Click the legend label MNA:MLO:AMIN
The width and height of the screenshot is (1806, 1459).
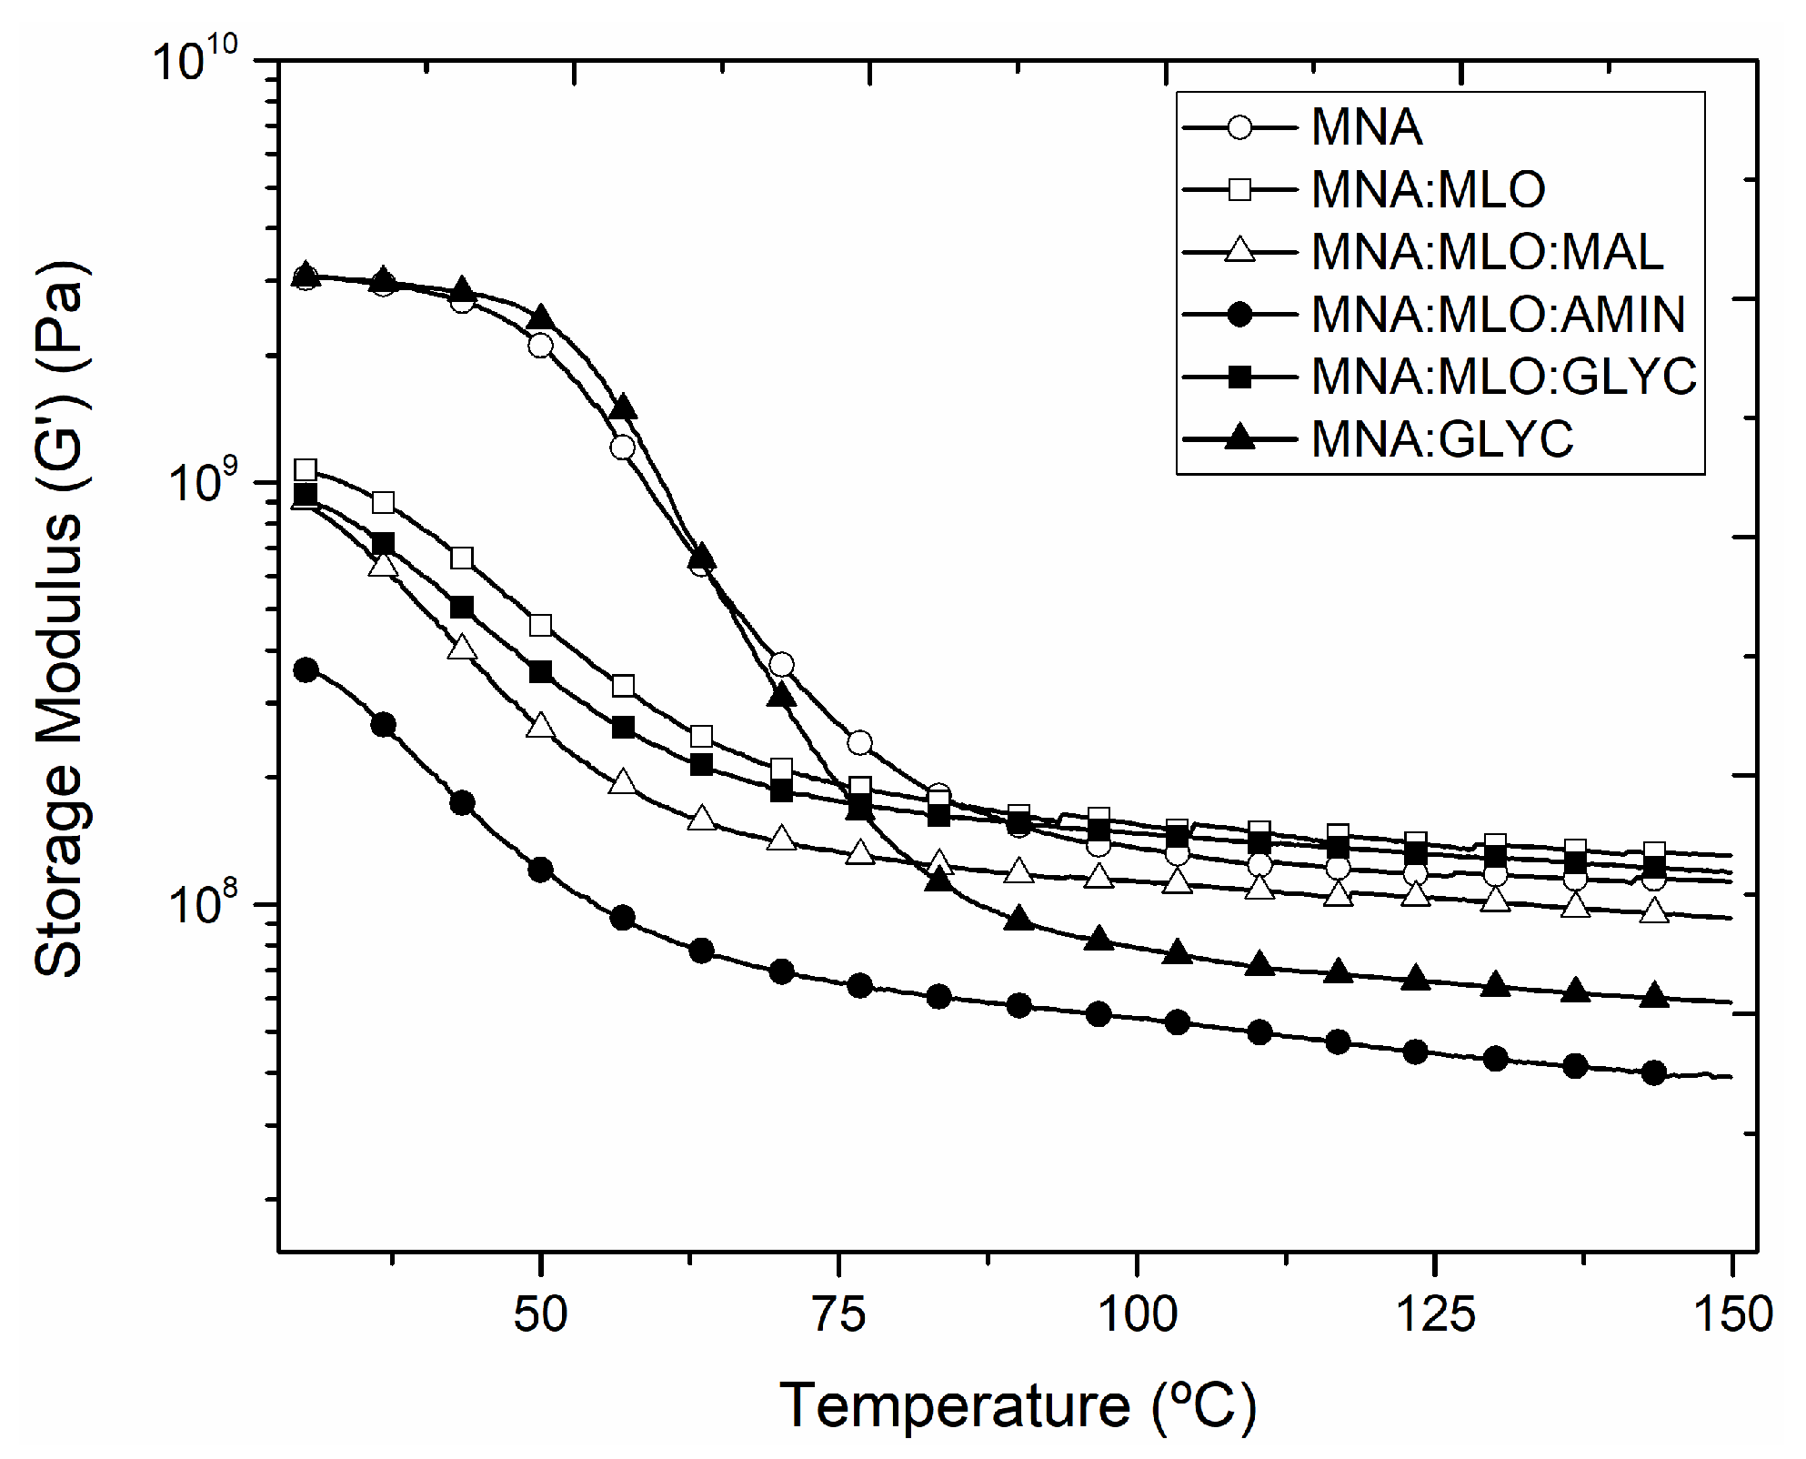[x=1497, y=315]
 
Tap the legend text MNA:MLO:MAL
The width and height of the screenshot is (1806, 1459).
[x=1487, y=252]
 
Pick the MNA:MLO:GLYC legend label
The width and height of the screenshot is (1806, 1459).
[x=1503, y=377]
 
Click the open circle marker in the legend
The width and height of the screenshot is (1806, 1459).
[x=1239, y=126]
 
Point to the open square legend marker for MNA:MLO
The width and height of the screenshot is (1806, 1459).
[x=1239, y=189]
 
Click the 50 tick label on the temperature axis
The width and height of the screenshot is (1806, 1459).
[x=540, y=1314]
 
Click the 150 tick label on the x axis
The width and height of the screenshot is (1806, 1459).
[x=1731, y=1314]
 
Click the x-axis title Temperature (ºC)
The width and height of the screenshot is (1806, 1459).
[x=1018, y=1406]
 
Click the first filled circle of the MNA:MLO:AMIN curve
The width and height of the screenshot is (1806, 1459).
[x=306, y=670]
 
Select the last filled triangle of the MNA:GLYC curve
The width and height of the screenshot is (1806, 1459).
[x=1654, y=995]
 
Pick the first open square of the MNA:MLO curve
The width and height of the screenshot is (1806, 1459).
[x=306, y=470]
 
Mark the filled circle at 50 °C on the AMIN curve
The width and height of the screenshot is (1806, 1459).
[x=540, y=870]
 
